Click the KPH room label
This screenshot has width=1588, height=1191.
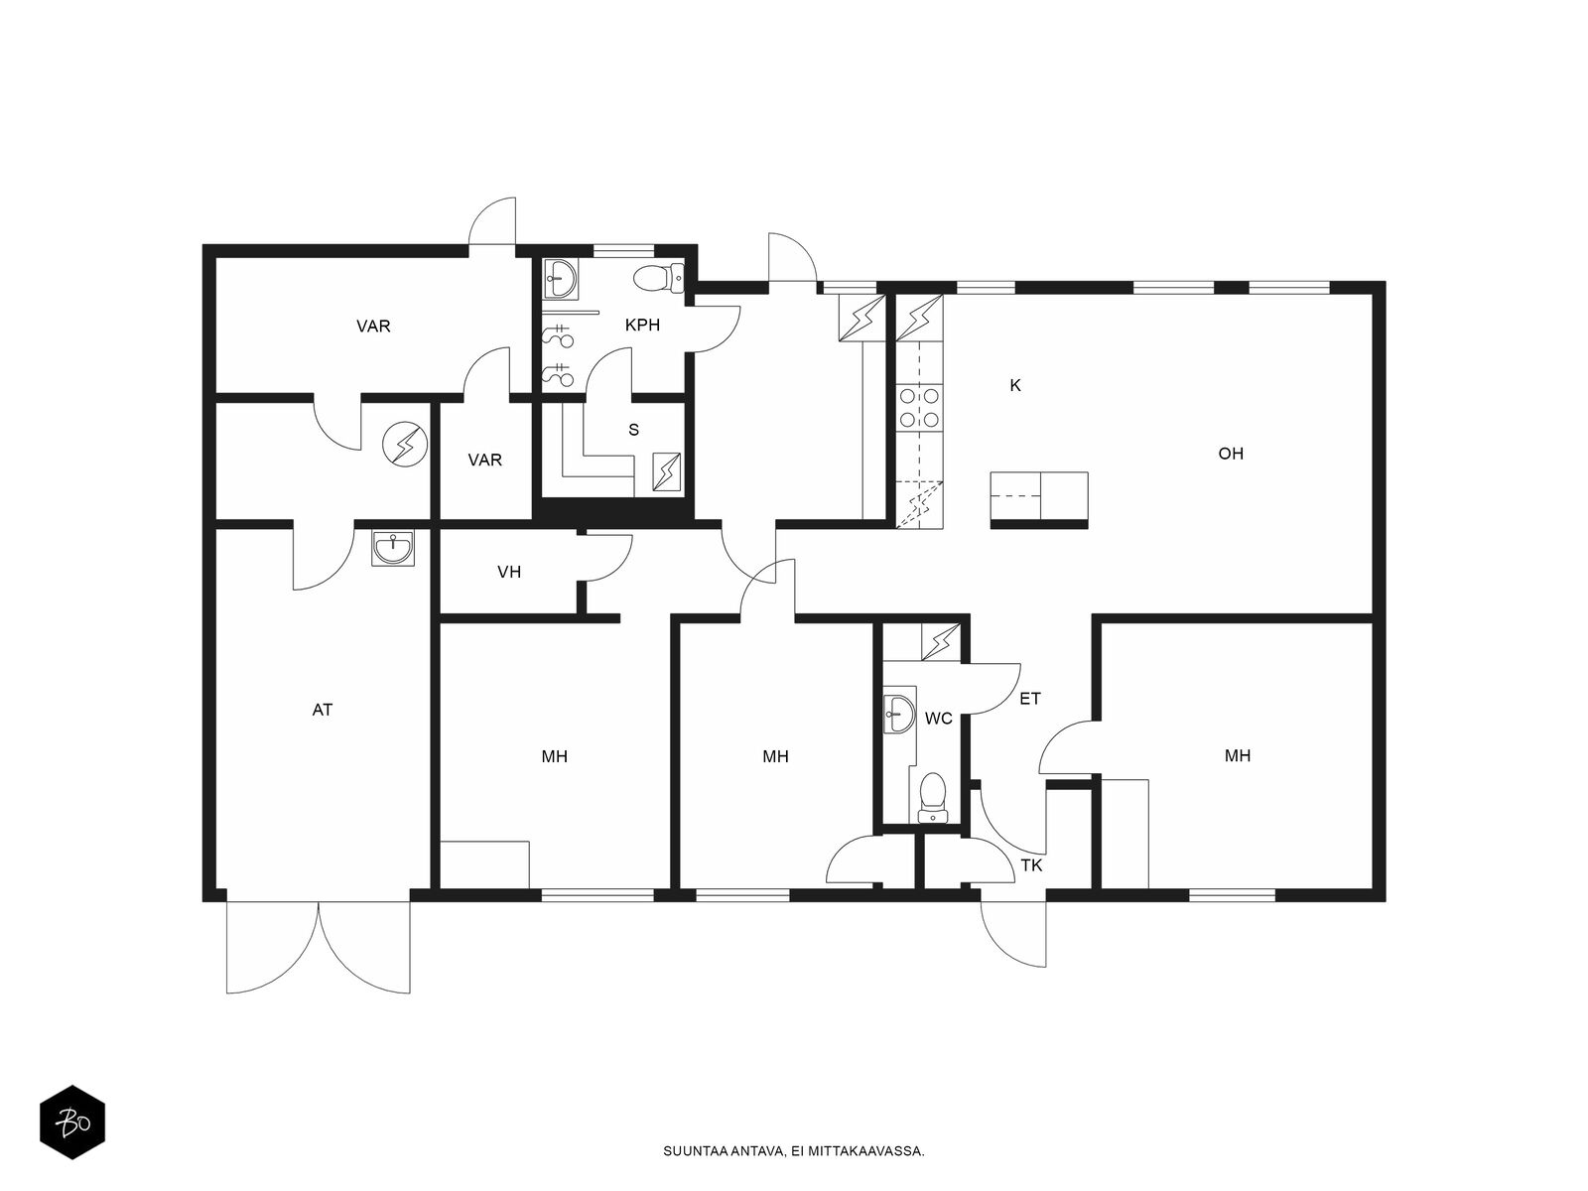click(642, 326)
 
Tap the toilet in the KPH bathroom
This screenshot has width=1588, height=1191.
click(658, 278)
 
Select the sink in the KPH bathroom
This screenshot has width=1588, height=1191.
click(560, 279)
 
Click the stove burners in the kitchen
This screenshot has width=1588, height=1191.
click(919, 407)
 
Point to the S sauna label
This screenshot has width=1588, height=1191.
click(634, 431)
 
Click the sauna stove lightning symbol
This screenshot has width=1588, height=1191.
click(666, 472)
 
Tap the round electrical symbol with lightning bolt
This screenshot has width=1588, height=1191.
click(404, 444)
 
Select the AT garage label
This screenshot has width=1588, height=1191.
click(322, 710)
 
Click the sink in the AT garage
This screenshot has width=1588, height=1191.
click(393, 548)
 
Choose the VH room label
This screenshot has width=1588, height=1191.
click(508, 572)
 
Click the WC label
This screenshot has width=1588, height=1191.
click(938, 719)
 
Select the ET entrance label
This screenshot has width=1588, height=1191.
click(1029, 699)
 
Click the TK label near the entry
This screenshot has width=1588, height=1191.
click(1031, 864)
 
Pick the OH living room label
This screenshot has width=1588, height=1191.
click(1231, 455)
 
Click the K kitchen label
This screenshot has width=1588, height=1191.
click(1015, 385)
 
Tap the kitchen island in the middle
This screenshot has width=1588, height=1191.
click(1039, 499)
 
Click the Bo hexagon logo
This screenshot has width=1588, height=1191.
click(72, 1123)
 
